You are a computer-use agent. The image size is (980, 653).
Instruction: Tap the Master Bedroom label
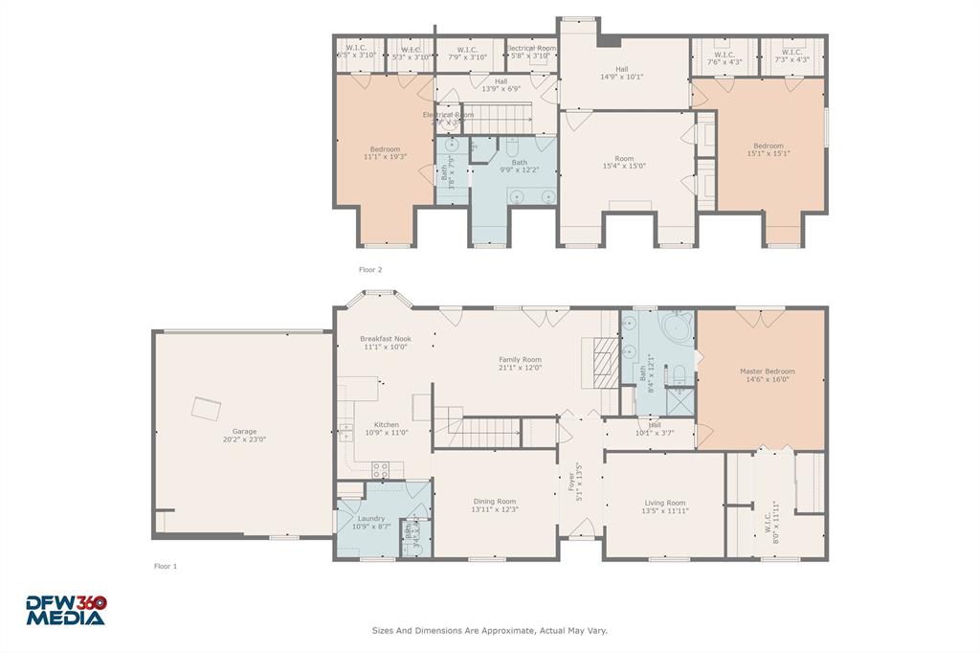[767, 372]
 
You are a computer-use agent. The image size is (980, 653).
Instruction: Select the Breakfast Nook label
[386, 339]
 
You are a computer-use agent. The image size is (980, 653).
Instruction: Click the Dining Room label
[495, 502]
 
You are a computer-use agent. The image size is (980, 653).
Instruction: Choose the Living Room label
[664, 503]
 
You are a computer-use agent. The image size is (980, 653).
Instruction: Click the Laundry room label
[370, 519]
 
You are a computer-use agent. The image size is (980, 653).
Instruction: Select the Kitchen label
[386, 425]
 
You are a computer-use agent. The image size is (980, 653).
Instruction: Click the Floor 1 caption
[166, 566]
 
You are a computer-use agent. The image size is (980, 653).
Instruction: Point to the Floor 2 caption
[369, 270]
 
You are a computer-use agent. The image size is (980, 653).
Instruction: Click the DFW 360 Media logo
[65, 610]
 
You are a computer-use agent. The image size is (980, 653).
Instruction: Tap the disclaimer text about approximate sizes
[489, 631]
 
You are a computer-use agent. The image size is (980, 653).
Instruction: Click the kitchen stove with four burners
[380, 469]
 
